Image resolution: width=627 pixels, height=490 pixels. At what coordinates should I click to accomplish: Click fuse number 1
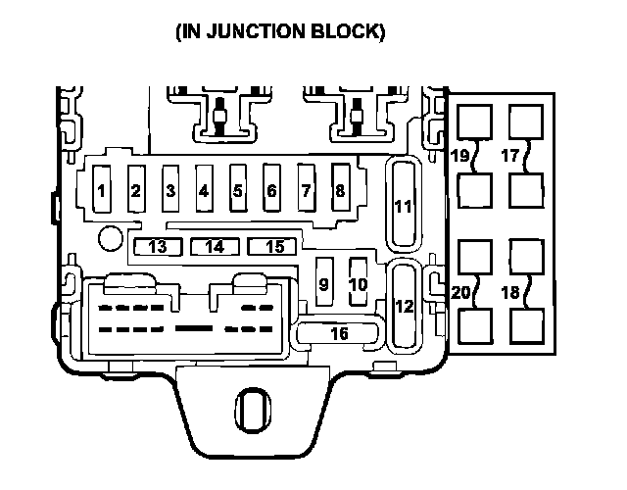[102, 190]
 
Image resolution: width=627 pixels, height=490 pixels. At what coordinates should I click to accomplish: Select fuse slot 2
[136, 190]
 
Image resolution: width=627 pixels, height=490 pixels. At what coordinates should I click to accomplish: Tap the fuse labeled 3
[170, 190]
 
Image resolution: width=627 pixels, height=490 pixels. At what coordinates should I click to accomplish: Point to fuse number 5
[237, 190]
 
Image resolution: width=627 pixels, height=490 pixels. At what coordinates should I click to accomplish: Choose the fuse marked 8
[339, 190]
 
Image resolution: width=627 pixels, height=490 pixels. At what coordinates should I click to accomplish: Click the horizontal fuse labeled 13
[158, 246]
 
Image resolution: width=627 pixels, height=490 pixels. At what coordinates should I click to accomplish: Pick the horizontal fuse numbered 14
[215, 246]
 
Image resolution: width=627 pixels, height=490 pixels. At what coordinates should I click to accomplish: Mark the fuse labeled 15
[274, 246]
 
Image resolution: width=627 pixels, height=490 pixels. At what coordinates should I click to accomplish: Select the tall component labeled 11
[404, 204]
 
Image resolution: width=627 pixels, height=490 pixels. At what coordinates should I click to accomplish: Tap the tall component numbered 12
[404, 305]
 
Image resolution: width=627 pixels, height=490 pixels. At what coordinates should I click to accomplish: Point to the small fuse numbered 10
[359, 283]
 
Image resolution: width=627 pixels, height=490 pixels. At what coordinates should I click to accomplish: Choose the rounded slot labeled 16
[339, 333]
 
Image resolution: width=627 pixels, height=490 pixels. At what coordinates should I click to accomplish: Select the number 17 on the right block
[509, 155]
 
